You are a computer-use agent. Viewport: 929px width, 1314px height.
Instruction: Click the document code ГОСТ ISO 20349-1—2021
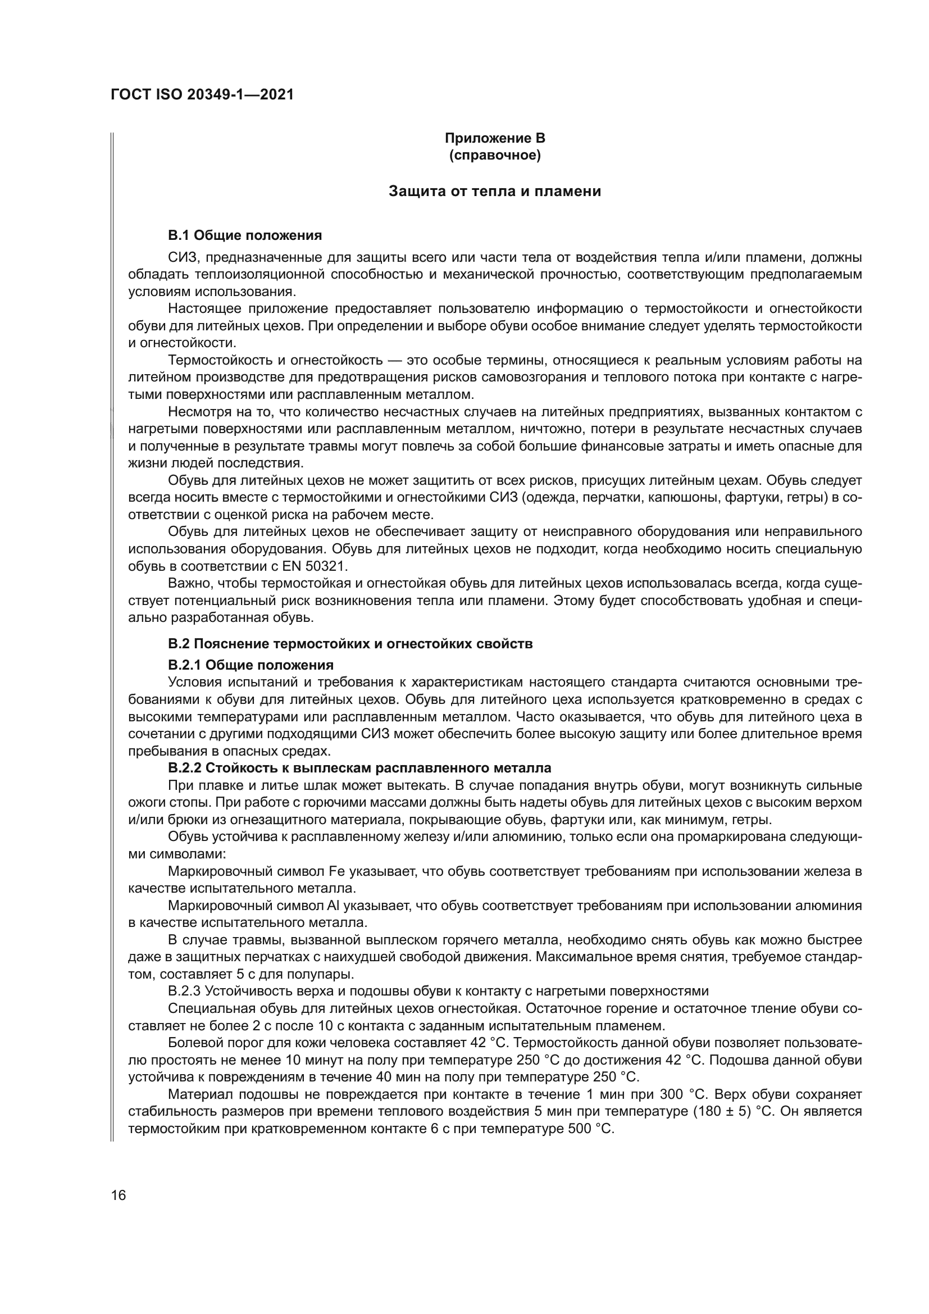tap(202, 95)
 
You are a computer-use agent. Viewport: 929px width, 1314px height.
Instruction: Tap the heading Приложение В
tap(495, 138)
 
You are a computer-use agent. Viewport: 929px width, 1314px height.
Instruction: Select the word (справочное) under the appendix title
tap(495, 155)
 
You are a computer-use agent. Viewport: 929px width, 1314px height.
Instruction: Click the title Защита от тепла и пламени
tap(495, 191)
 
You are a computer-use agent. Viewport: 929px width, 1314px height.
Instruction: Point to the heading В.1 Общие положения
tap(245, 235)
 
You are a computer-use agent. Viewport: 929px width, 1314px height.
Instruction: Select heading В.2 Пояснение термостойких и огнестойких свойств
tap(350, 644)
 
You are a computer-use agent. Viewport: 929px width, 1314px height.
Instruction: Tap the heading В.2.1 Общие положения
tap(251, 665)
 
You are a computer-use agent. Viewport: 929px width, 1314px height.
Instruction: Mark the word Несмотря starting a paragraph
tap(195, 411)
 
